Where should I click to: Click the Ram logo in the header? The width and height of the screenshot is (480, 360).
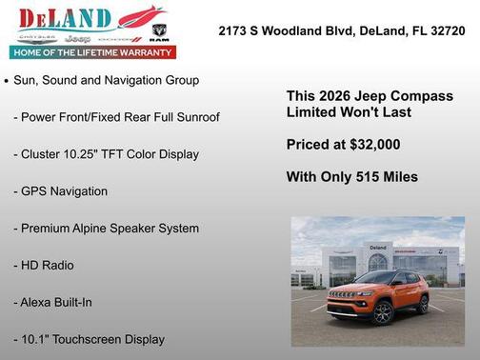160,32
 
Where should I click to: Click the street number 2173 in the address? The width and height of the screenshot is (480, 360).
233,30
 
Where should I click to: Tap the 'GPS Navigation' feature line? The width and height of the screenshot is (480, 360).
60,191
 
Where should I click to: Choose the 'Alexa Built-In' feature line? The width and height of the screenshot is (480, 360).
58,302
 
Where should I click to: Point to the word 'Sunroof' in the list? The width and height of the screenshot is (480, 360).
196,117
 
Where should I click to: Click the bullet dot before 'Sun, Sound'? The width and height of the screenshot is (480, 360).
7,82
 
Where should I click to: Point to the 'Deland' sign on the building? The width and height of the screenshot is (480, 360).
378,247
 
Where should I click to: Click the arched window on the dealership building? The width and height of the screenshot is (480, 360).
378,261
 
